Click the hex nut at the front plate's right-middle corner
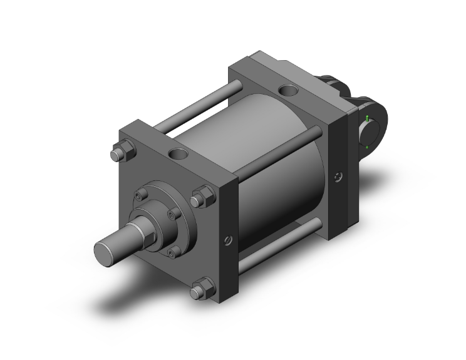[x=201, y=198]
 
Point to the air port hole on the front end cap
[x=177, y=154]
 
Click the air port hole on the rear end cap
[x=289, y=91]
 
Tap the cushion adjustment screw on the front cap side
[x=227, y=239]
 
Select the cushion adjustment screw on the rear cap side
[x=339, y=178]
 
